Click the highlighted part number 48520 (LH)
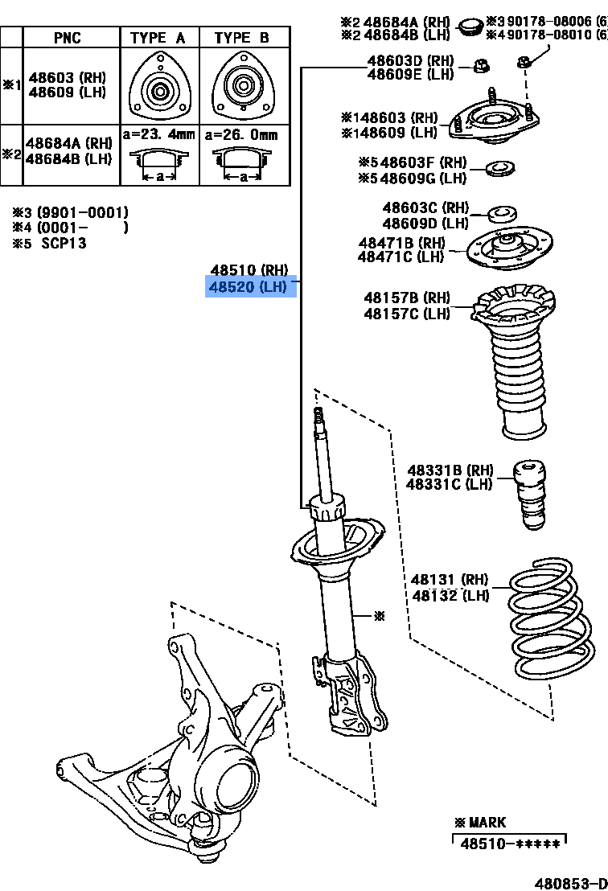[x=251, y=286]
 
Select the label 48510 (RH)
[x=249, y=270]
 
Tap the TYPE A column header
[x=158, y=38]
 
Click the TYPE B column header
[x=242, y=38]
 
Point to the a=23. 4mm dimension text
[x=158, y=135]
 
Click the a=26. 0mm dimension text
[x=241, y=135]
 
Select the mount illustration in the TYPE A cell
[x=158, y=86]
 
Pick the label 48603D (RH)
[x=410, y=60]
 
